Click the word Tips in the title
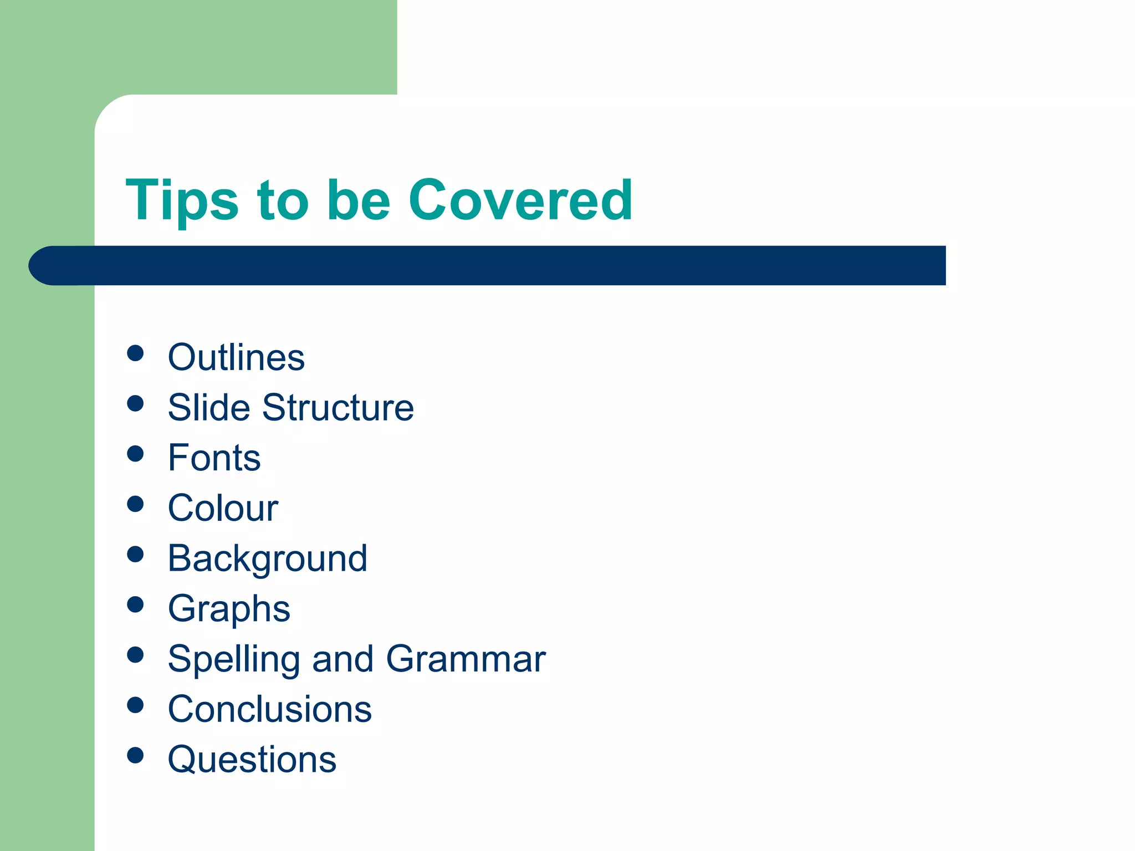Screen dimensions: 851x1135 click(x=182, y=201)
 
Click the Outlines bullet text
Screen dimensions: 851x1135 click(x=236, y=357)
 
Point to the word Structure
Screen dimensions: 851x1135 click(x=338, y=408)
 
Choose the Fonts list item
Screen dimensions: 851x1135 click(x=214, y=458)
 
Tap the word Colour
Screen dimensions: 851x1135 click(x=223, y=508)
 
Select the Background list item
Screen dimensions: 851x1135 click(x=267, y=558)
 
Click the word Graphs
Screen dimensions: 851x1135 click(x=229, y=609)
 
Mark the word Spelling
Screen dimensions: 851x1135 click(x=233, y=659)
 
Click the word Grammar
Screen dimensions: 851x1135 click(x=466, y=659)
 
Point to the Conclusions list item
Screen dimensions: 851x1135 click(x=269, y=709)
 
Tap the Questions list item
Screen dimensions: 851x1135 click(x=252, y=760)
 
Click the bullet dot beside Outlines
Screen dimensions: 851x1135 click(x=135, y=353)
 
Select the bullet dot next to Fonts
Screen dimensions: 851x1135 click(x=135, y=454)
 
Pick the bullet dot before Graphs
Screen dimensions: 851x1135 click(x=135, y=604)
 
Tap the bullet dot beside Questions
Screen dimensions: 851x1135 click(x=135, y=755)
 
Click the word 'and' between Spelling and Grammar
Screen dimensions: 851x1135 click(x=342, y=659)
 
